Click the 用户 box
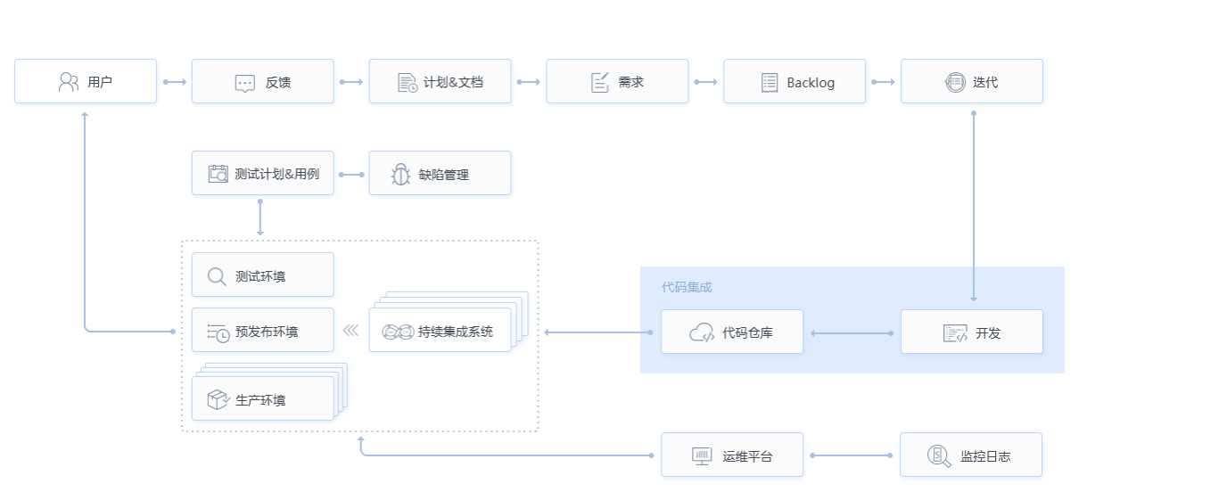[86, 82]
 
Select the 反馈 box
[262, 82]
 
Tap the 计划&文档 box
[440, 82]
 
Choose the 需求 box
[617, 82]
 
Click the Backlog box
[795, 82]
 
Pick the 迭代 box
[971, 82]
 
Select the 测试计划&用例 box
[262, 174]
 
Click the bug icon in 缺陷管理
[400, 175]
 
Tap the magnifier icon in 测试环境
[217, 276]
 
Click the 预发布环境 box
[262, 332]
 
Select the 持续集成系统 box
[440, 332]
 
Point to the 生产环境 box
[262, 399]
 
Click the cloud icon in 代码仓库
[702, 333]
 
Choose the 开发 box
[971, 332]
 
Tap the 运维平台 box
[732, 455]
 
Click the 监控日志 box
[971, 455]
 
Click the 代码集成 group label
[687, 287]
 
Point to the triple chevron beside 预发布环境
[350, 331]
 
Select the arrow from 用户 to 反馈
[175, 82]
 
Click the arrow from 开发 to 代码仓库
[852, 332]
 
